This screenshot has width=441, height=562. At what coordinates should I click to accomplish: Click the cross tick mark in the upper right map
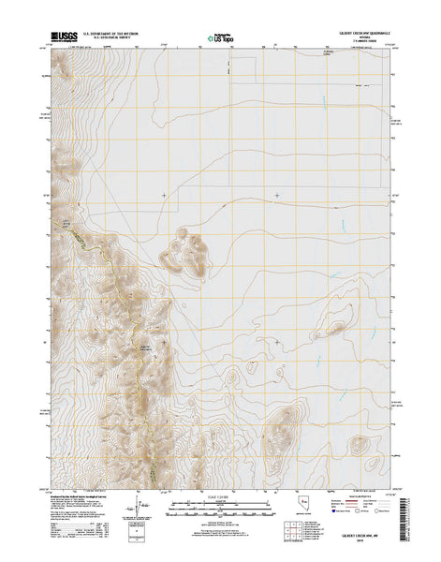[x=277, y=195]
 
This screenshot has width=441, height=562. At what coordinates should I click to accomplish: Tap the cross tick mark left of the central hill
[x=166, y=195]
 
